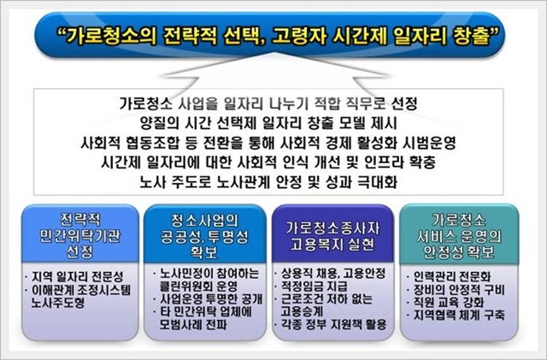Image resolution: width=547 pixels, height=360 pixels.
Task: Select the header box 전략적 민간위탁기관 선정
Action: pyautogui.click(x=79, y=233)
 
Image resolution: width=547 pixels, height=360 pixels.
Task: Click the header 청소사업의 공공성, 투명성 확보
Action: pyautogui.click(x=204, y=233)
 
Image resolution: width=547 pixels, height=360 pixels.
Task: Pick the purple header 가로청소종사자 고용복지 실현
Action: pyautogui.click(x=332, y=233)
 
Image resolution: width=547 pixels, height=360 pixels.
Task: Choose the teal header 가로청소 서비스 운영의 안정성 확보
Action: pyautogui.click(x=459, y=233)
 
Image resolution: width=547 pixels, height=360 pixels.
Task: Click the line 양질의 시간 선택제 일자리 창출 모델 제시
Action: pyautogui.click(x=268, y=123)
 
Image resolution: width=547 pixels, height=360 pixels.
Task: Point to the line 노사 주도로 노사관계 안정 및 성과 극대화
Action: pyautogui.click(x=268, y=182)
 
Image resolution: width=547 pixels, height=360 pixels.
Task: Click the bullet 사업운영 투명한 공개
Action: pyautogui.click(x=208, y=299)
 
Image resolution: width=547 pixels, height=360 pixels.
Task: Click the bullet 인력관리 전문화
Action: pyautogui.click(x=449, y=276)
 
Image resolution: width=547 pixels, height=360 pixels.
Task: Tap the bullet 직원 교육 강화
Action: pyautogui.click(x=445, y=303)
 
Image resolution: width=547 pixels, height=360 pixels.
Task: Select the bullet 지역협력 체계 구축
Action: pyautogui.click(x=456, y=316)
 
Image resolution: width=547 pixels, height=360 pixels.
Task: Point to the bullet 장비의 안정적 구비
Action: pyautogui.click(x=456, y=290)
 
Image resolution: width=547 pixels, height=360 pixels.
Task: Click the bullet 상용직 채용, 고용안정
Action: pyautogui.click(x=331, y=273)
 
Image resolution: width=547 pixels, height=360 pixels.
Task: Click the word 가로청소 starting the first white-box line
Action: pyautogui.click(x=145, y=103)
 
